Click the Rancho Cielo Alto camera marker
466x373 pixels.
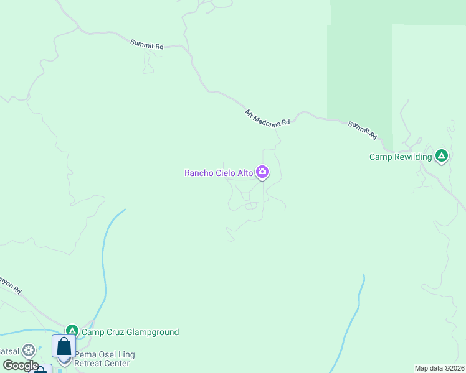(x=262, y=172)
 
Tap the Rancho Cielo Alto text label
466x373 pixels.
(x=219, y=173)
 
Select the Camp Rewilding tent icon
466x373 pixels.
(x=442, y=155)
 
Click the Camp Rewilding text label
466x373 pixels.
(x=401, y=157)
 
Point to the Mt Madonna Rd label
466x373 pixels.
(x=267, y=118)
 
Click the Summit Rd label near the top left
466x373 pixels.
(x=147, y=45)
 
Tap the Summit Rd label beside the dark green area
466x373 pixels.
(x=363, y=130)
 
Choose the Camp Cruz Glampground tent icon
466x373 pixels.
(x=72, y=331)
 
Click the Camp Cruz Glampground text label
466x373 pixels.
(x=130, y=332)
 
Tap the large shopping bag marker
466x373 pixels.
(x=64, y=346)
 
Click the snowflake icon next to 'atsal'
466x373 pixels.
(x=28, y=351)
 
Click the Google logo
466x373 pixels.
(x=20, y=366)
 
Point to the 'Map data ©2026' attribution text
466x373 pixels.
(x=440, y=368)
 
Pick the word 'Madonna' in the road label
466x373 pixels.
(x=269, y=119)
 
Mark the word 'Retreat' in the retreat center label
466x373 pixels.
(x=91, y=363)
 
